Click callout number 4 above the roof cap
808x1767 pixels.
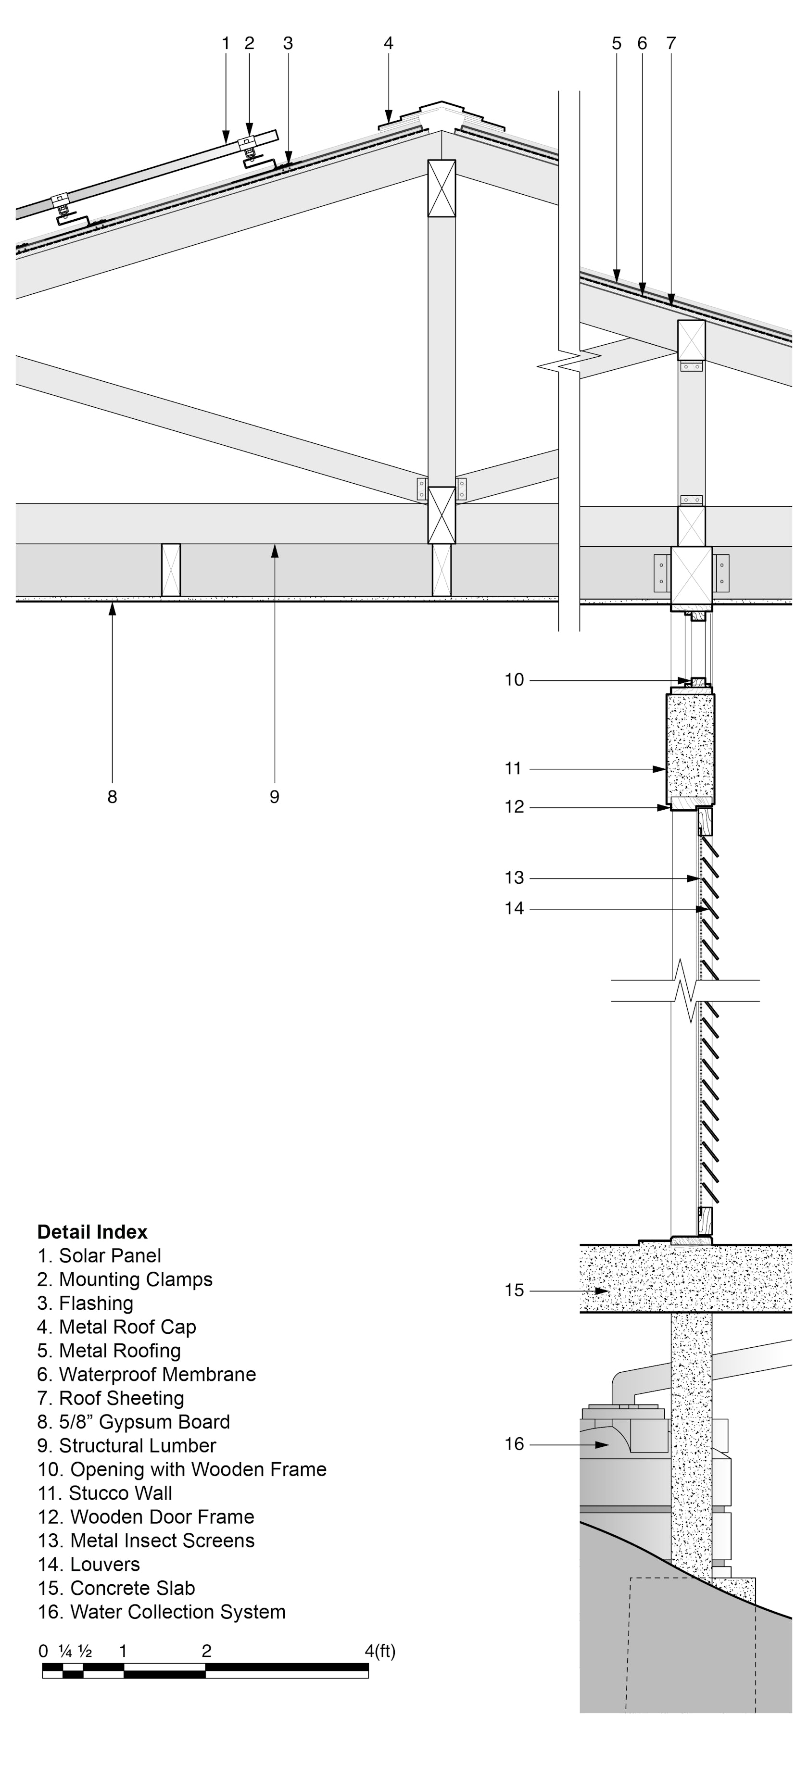388,43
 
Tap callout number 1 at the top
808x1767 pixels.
226,43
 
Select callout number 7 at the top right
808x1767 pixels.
671,43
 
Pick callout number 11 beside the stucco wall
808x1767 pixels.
514,768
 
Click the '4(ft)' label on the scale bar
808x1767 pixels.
380,1651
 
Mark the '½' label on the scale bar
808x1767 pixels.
85,1651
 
